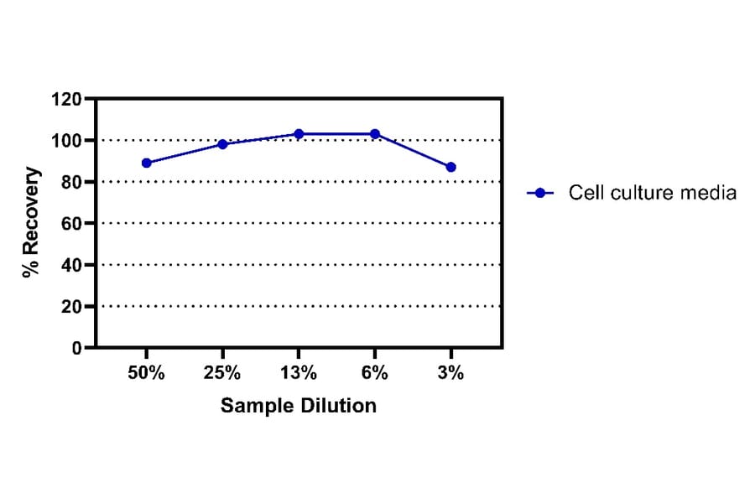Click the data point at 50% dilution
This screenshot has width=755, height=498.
(147, 163)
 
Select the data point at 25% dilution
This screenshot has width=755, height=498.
(222, 144)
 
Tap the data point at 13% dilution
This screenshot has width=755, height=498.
(299, 134)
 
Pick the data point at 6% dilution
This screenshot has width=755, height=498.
(375, 134)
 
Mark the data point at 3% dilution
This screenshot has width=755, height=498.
(450, 167)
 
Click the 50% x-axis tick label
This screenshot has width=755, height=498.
(147, 374)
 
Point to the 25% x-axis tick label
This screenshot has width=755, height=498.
(222, 374)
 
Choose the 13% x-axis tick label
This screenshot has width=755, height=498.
(299, 374)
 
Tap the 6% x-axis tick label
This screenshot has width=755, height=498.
(375, 374)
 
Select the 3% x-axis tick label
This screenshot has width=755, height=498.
(450, 374)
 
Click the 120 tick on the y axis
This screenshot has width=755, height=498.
(66, 100)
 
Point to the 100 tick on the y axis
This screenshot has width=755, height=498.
(66, 141)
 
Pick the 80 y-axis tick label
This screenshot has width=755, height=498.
(70, 182)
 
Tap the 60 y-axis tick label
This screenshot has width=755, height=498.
(70, 224)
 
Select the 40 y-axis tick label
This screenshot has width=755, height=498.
(70, 265)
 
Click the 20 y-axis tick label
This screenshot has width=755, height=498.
(70, 307)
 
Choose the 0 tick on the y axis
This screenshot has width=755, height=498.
(75, 348)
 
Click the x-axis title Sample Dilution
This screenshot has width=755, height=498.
(299, 407)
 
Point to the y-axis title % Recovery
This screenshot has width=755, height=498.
(31, 223)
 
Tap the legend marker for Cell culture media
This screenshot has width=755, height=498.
(541, 193)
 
